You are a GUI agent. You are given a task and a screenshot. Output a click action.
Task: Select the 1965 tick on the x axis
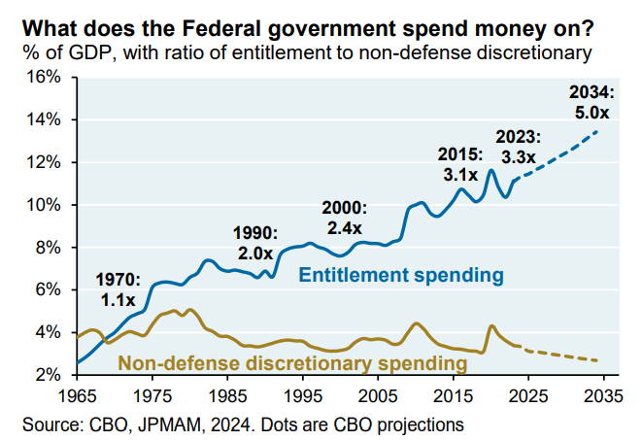tap(79, 397)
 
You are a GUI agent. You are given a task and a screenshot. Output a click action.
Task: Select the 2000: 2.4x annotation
tap(345, 218)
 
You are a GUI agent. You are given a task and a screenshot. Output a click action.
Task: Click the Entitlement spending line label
tap(400, 276)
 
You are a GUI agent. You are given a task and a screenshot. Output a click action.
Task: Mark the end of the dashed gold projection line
tap(596, 360)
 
